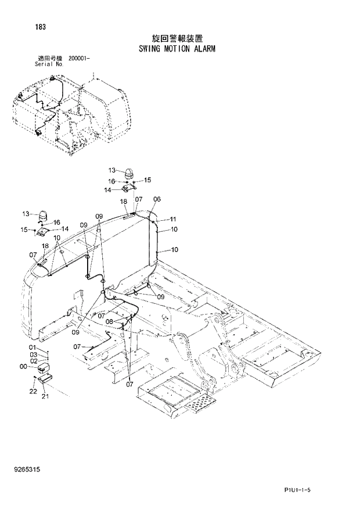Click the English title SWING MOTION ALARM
(x=177, y=49)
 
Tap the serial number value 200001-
(x=79, y=58)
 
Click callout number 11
(x=172, y=219)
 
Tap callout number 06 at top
(x=157, y=199)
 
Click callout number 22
(x=34, y=392)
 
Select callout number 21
(x=45, y=397)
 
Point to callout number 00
(x=23, y=367)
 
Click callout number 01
(x=33, y=347)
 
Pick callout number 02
(x=33, y=360)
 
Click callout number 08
(x=109, y=321)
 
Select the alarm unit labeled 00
(x=43, y=368)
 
